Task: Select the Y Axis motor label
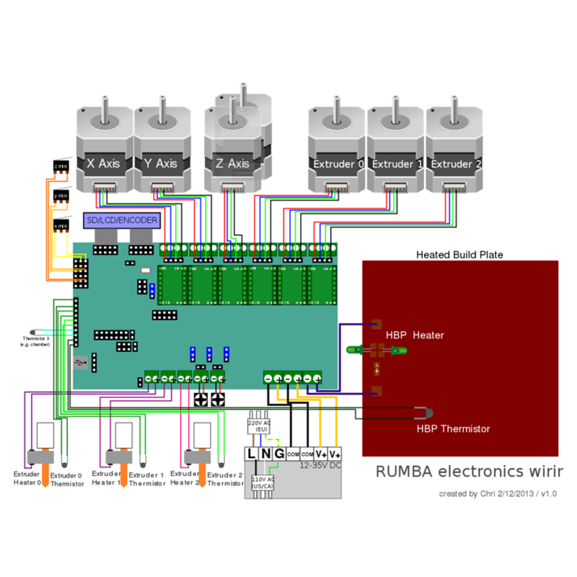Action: (161, 164)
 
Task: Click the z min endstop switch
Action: (61, 167)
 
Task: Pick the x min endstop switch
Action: (61, 226)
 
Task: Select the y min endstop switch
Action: (61, 195)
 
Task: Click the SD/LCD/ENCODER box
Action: (122, 220)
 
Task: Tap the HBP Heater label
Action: (415, 335)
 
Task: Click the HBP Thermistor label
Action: (453, 428)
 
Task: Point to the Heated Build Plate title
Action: (459, 255)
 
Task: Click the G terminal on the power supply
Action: (278, 454)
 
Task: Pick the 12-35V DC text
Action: (320, 466)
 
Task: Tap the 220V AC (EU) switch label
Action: (258, 426)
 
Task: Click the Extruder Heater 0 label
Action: (27, 479)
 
